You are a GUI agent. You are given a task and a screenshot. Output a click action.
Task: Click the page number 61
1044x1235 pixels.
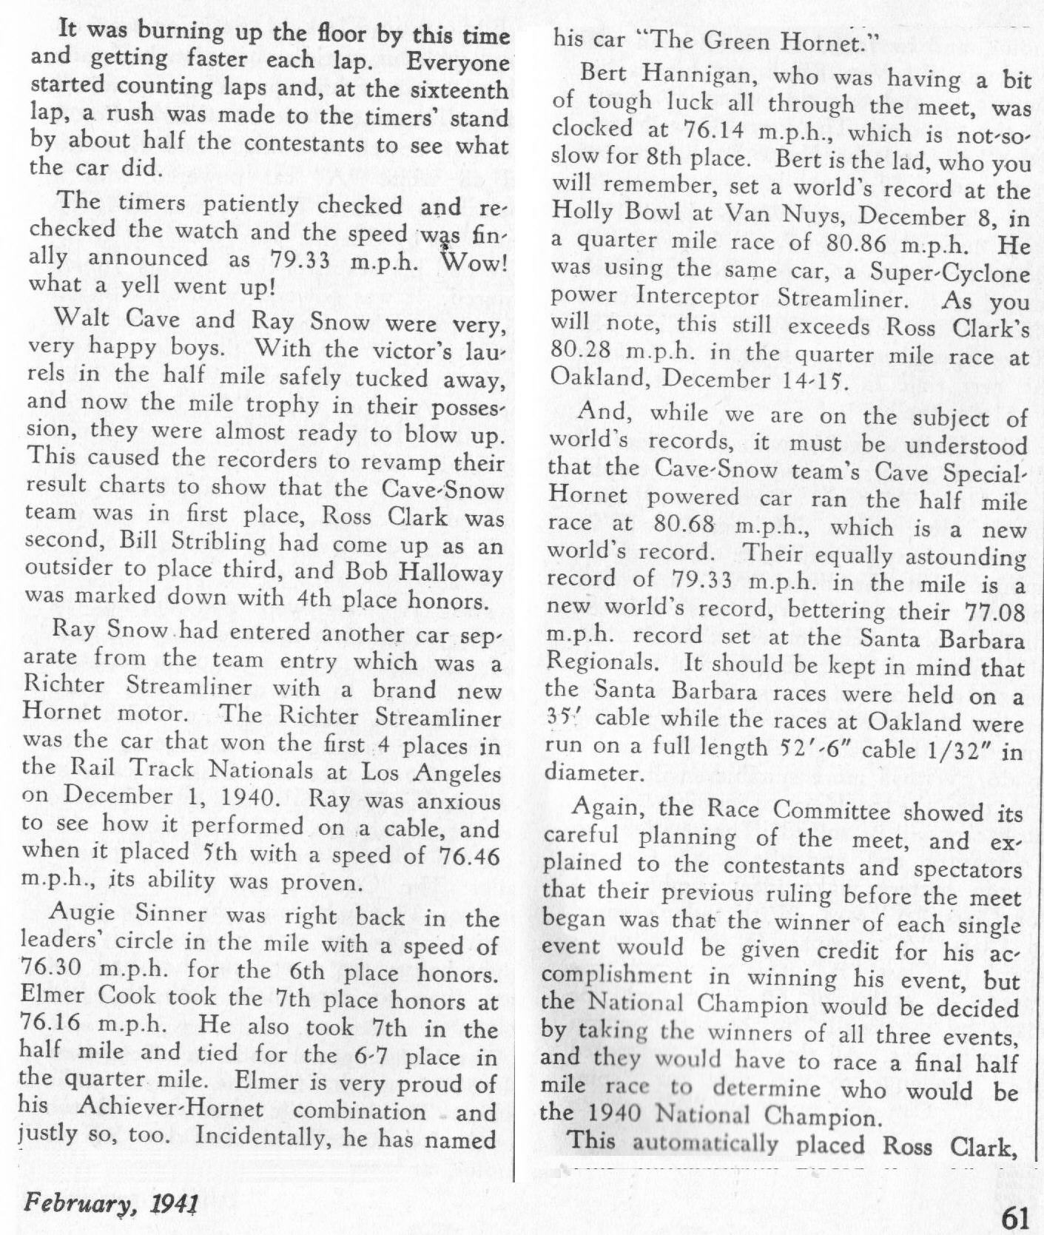click(1020, 1217)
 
